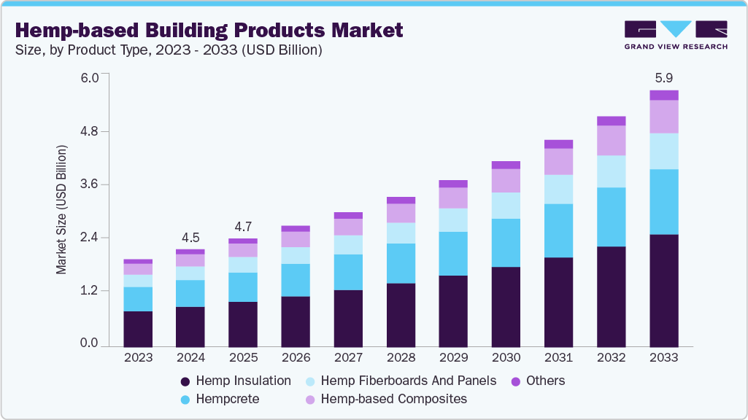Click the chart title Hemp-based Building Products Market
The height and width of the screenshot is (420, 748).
pos(209,31)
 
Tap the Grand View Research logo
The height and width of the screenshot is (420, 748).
pos(676,35)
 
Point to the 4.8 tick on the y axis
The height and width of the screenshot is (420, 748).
pos(88,132)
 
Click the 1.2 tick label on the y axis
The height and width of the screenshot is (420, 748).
pos(88,291)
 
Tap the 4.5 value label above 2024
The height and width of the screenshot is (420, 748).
pos(190,238)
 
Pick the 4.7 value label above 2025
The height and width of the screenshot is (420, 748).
pos(243,226)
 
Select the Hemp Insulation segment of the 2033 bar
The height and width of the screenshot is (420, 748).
pos(663,290)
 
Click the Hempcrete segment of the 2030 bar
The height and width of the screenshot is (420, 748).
pos(506,243)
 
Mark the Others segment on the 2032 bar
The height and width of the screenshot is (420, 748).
pos(611,121)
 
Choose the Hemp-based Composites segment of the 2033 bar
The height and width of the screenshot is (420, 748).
pos(663,117)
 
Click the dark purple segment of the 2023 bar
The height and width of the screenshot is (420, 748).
pos(138,329)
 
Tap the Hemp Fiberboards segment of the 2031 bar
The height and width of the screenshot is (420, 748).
pos(558,190)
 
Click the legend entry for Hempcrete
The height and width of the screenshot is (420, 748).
pos(219,399)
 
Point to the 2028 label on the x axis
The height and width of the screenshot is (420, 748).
pos(401,358)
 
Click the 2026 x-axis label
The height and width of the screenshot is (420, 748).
pos(296,358)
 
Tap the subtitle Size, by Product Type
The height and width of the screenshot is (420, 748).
pos(169,50)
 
